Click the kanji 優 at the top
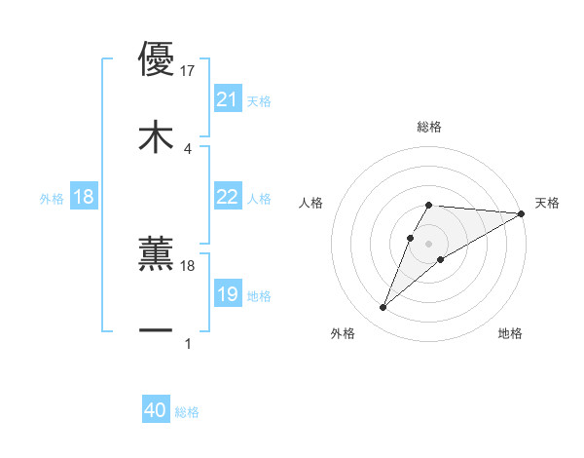tap(156, 58)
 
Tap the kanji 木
tap(156, 136)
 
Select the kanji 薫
tap(156, 253)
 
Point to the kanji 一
tap(156, 331)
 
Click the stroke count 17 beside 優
tap(188, 70)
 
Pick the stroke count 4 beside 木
tap(188, 148)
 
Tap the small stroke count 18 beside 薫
tap(188, 265)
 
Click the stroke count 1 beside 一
tap(188, 343)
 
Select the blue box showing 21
tap(227, 99)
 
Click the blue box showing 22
tap(227, 197)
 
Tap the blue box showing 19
tap(227, 294)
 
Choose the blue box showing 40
tap(155, 411)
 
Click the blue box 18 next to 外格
tap(84, 197)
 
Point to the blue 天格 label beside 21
tap(259, 100)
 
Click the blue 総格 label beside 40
tap(187, 412)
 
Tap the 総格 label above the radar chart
tap(429, 127)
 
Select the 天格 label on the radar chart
tap(547, 203)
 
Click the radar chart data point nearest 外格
tap(383, 308)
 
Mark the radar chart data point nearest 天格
tap(523, 213)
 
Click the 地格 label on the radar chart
tap(510, 333)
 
